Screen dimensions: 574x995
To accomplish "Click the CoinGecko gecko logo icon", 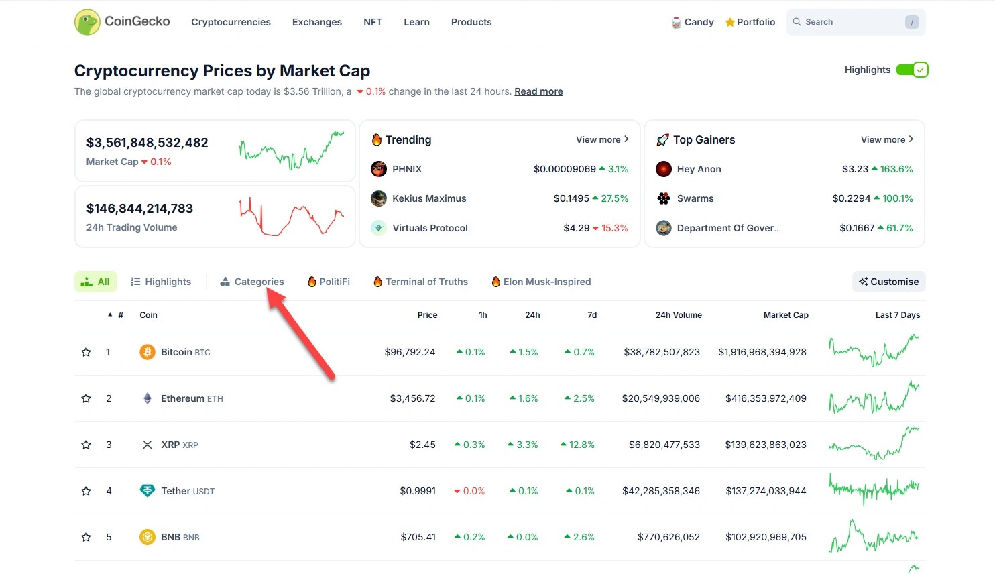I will click(x=87, y=22).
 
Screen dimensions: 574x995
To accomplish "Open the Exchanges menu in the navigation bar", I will click(x=316, y=22).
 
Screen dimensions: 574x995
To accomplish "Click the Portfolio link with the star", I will click(x=750, y=22).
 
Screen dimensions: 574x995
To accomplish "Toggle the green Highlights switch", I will click(x=912, y=70).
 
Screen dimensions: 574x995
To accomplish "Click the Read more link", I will click(x=538, y=91).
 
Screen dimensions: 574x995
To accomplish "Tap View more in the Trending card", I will click(x=602, y=139).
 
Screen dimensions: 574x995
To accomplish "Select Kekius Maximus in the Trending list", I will click(x=429, y=198).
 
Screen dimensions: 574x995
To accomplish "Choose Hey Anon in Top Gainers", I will click(x=699, y=169).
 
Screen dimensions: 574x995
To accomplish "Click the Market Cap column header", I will click(x=786, y=315).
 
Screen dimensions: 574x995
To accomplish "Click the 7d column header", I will click(x=592, y=315).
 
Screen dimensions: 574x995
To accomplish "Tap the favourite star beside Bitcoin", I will click(x=86, y=352).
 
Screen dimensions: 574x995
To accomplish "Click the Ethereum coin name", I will click(x=182, y=398).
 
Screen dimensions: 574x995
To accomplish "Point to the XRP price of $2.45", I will click(x=422, y=445).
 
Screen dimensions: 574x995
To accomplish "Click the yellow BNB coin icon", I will click(x=148, y=537).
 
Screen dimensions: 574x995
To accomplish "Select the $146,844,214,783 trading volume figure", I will click(x=139, y=209).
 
